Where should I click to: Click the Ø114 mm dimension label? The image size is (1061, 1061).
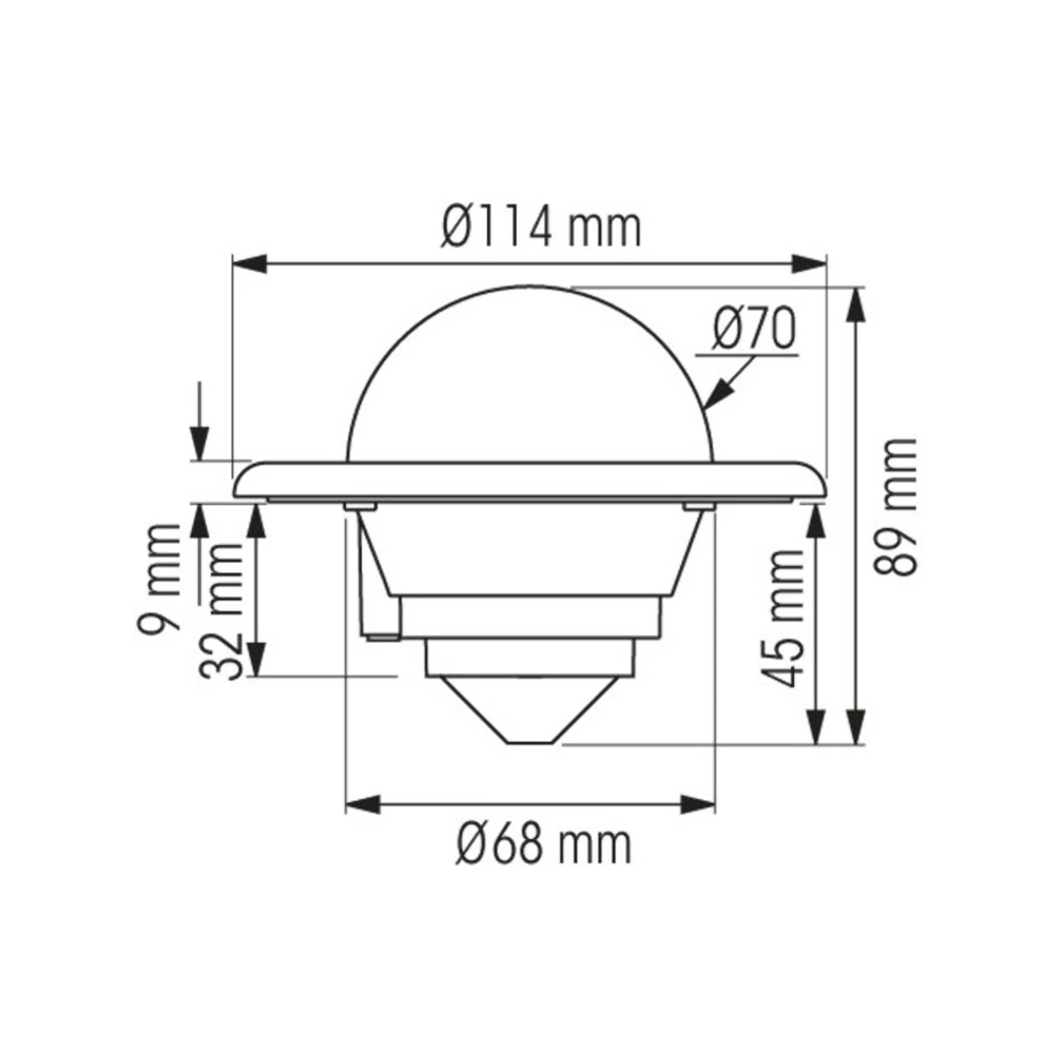[x=540, y=228]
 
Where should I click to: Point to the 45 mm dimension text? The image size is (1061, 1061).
[x=784, y=618]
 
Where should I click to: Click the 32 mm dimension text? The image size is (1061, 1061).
[x=220, y=610]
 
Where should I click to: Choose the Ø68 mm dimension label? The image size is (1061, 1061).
[x=545, y=846]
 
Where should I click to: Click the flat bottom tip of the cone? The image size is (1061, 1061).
[x=530, y=743]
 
